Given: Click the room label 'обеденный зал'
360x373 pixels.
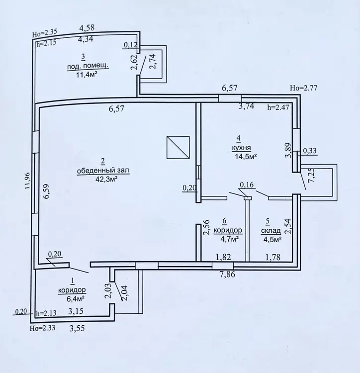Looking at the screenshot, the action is click(103, 171).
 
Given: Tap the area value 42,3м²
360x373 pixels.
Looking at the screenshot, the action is click(107, 179).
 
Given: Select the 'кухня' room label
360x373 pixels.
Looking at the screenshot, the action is click(241, 148).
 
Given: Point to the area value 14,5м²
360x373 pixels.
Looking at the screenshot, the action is click(246, 157).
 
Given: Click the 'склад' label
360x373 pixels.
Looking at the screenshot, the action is click(271, 231).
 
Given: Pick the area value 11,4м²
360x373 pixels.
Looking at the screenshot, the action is click(87, 75).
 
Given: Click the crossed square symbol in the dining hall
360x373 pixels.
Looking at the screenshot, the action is click(178, 147).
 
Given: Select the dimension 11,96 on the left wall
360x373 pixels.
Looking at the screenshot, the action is click(28, 181).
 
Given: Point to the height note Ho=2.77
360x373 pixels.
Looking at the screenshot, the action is click(303, 88).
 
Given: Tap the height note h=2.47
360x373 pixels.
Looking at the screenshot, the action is click(278, 107).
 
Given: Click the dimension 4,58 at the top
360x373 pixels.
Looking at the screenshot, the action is click(87, 28).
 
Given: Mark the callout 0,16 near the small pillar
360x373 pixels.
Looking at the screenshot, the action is click(247, 185).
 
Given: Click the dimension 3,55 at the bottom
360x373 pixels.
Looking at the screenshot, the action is click(77, 329).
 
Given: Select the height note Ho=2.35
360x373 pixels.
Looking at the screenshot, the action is click(45, 33).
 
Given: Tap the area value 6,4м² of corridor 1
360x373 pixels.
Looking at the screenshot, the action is click(76, 298).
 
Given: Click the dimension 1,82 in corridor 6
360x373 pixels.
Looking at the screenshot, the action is click(223, 257).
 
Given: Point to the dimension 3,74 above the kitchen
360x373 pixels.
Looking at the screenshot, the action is click(246, 106).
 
